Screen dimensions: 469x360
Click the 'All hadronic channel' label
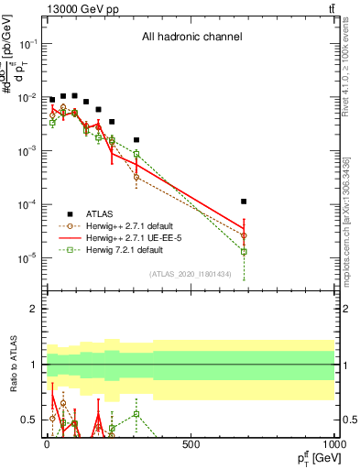tap(191, 38)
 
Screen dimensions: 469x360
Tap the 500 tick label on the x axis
tap(191, 444)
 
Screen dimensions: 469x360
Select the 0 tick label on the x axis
tap(46, 444)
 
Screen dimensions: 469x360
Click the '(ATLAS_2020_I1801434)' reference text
tap(191, 274)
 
